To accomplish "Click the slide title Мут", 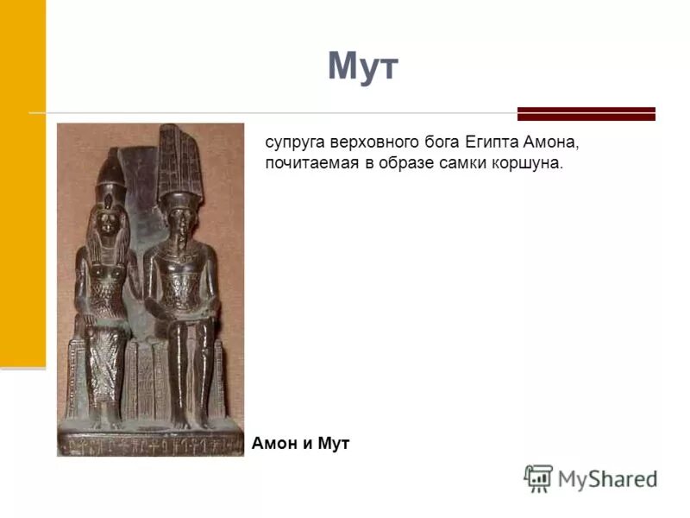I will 363,67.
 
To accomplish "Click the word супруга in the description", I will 298,142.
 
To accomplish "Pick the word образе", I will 405,163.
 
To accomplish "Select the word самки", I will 461,163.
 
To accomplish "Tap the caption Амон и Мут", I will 301,444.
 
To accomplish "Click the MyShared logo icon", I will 538,478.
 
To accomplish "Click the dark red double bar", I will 586,114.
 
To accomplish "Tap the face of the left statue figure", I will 109,223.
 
